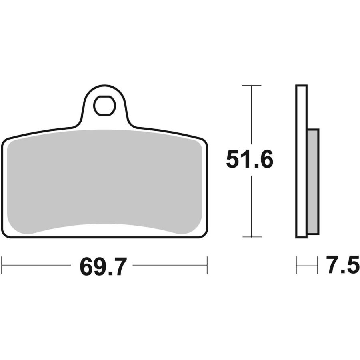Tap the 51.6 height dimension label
[x=250, y=159]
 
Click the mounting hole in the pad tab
[x=104, y=105]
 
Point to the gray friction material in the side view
[x=313, y=181]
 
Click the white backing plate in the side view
[x=301, y=161]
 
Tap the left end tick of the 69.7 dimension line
[x=2, y=265]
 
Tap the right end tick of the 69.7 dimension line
[x=207, y=265]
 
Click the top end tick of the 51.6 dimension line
[x=252, y=86]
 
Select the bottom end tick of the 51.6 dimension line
[x=252, y=237]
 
